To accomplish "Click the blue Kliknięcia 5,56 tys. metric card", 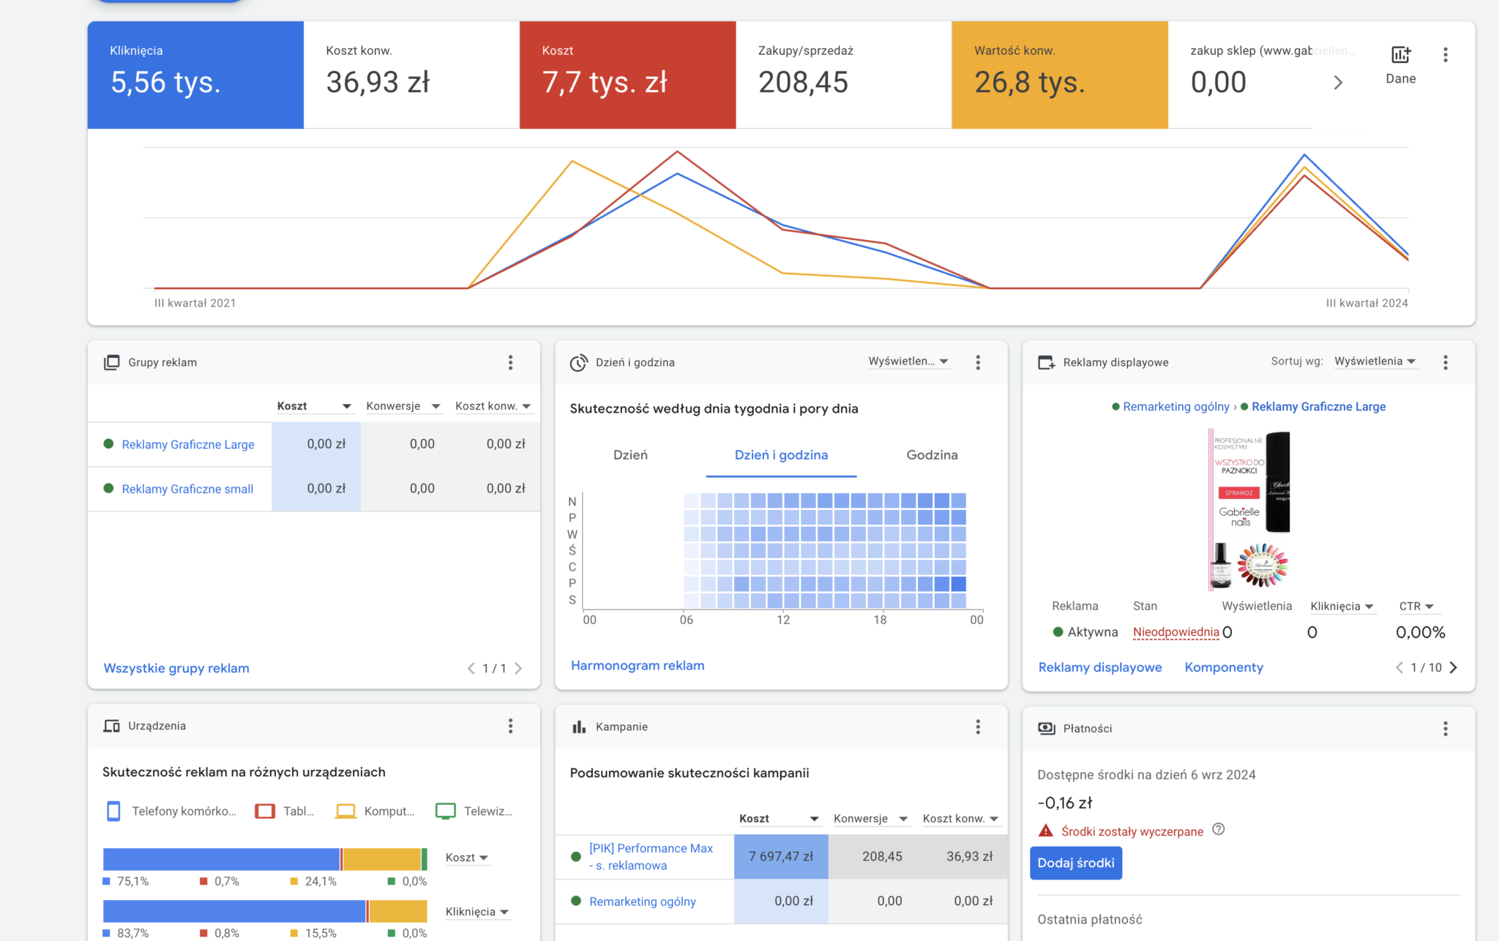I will [x=195, y=75].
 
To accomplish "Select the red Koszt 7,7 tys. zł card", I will [x=627, y=75].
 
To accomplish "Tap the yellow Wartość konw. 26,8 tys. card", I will [x=1059, y=75].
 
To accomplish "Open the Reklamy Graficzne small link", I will [x=187, y=489].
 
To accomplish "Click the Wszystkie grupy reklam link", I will [x=176, y=668].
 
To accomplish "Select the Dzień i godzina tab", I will [x=781, y=455].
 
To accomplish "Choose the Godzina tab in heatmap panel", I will [x=932, y=455].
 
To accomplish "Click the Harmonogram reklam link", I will [x=638, y=665].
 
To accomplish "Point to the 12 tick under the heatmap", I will [x=783, y=620].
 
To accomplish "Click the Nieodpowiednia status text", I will [x=1175, y=632].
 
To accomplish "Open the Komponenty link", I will [x=1224, y=667].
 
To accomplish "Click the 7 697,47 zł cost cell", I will [x=781, y=856].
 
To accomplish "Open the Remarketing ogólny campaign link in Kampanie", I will [x=643, y=901].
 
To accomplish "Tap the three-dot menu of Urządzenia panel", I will [x=511, y=726].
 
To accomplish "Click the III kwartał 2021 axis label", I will [x=195, y=303].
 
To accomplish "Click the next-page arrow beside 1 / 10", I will [x=1454, y=667].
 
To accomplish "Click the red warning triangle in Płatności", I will [x=1046, y=831].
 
